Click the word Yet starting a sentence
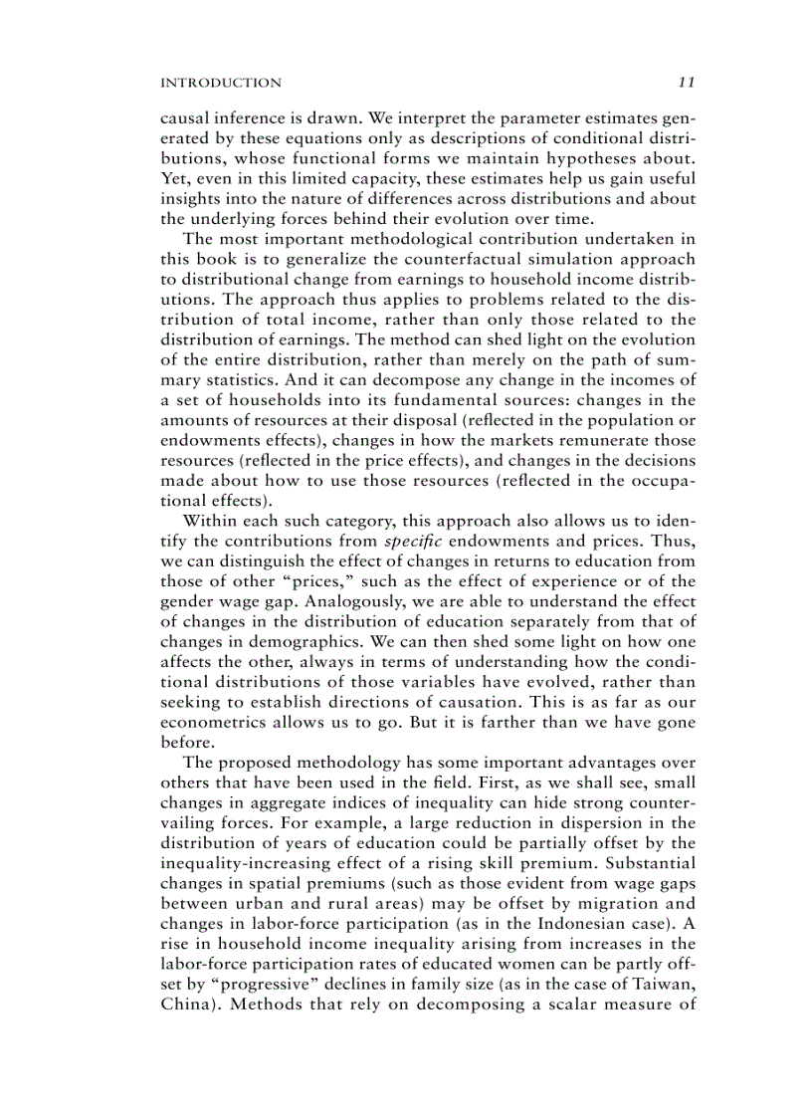[174, 178]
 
